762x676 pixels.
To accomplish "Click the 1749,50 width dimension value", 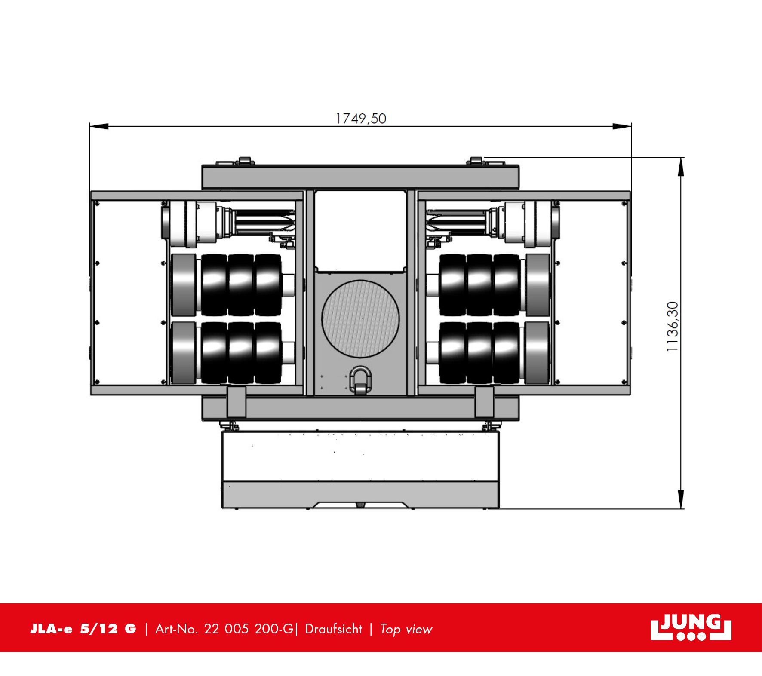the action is point(361,119).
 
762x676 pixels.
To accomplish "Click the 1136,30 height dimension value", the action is point(672,326).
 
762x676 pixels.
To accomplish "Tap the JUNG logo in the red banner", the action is point(691,627).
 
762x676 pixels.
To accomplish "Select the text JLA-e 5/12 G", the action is point(83,629).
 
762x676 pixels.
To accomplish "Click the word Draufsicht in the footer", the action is point(334,629).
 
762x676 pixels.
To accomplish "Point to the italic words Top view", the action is point(406,629).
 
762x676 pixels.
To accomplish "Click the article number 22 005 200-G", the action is point(249,629).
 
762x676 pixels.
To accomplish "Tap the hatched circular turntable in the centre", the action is point(360,318).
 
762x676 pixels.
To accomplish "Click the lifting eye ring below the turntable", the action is point(360,379).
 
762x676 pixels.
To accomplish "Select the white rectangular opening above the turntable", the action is point(360,231).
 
